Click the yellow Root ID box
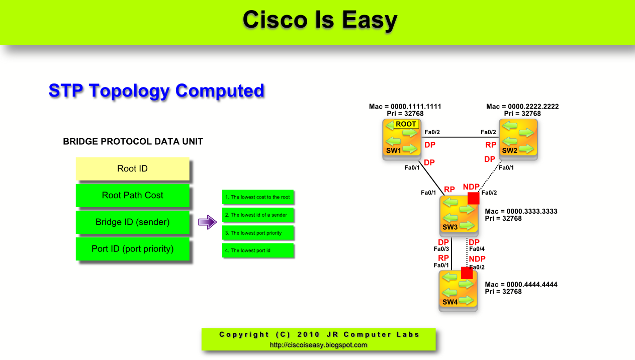[x=132, y=169]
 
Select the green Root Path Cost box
[x=132, y=195]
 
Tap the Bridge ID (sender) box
[x=132, y=222]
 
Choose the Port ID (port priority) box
[x=132, y=249]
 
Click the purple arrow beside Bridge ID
[x=207, y=222]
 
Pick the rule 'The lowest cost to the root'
[x=257, y=197]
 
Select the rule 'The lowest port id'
[x=257, y=250]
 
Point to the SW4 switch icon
[x=458, y=290]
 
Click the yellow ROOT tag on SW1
[x=406, y=124]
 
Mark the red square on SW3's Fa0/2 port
[x=473, y=198]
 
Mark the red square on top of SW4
[x=467, y=273]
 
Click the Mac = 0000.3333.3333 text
[x=521, y=212]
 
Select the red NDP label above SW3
[x=471, y=187]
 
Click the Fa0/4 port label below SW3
[x=476, y=249]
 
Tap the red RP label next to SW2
[x=491, y=145]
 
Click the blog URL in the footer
[x=318, y=345]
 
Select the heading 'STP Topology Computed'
[x=156, y=91]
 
